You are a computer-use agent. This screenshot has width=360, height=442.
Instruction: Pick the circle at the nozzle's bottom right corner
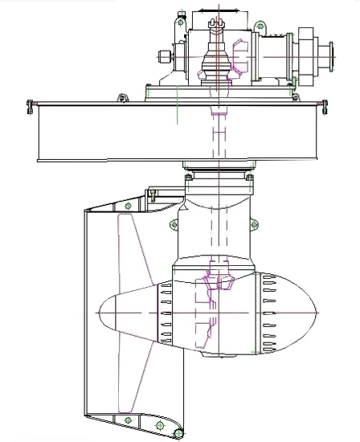(178, 434)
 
